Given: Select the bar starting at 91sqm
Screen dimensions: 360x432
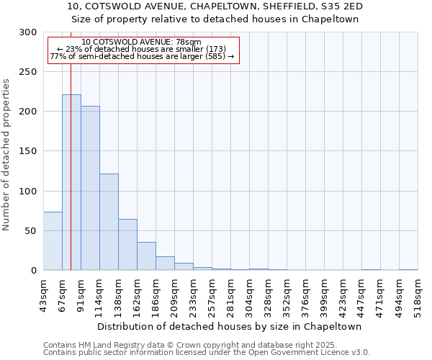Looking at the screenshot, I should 90,188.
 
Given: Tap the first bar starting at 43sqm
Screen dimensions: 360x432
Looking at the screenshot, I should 53,241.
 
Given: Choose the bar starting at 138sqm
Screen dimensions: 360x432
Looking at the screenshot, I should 127,245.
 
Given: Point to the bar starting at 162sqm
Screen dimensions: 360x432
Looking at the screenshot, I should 146,256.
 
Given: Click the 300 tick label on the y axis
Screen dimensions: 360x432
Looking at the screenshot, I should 28,32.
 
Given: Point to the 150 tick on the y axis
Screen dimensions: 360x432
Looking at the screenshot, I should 28,152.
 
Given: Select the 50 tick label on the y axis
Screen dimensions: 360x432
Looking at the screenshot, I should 31,231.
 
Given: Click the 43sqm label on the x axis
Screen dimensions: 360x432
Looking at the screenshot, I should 43,294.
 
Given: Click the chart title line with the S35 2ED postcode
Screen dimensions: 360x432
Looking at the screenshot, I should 215,6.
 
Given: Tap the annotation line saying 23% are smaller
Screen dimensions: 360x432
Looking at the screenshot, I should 141,49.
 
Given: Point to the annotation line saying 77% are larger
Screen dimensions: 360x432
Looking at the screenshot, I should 142,56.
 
